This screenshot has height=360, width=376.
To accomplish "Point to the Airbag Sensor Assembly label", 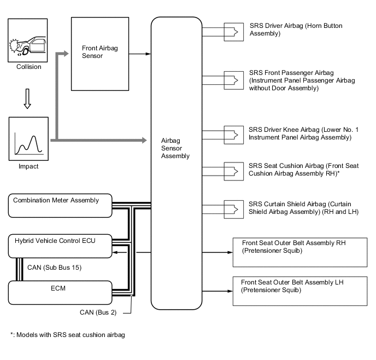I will (175, 148).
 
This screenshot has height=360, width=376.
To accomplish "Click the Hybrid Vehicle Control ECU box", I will (61, 245).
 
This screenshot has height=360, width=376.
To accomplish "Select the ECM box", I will (61, 292).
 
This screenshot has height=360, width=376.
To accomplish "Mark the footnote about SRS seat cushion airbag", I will (68, 334).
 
